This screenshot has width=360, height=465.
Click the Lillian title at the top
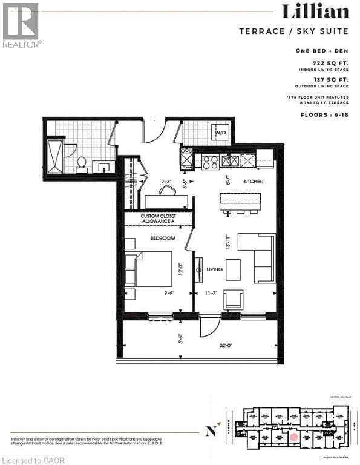pyautogui.click(x=315, y=12)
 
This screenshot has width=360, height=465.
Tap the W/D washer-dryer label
pyautogui.click(x=221, y=133)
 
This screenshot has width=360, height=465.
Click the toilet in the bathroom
pyautogui.click(x=81, y=163)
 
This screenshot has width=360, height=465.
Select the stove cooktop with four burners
pyautogui.click(x=209, y=161)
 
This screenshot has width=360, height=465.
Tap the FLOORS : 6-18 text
pyautogui.click(x=326, y=112)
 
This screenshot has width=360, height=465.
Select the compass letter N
pyautogui.click(x=211, y=432)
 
